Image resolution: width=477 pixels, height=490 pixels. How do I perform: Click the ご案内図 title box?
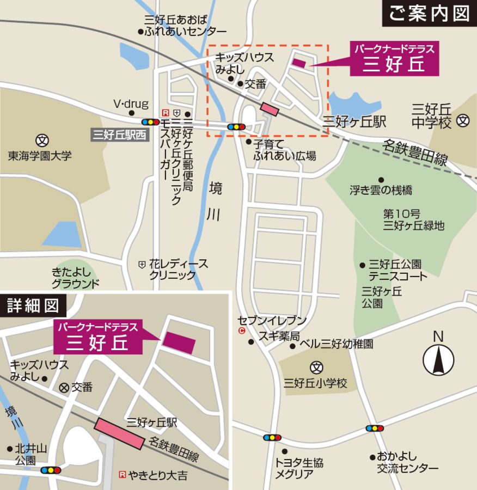(430, 14)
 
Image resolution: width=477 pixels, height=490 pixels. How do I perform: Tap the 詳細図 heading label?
(33, 306)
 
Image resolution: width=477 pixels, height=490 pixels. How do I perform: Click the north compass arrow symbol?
(438, 360)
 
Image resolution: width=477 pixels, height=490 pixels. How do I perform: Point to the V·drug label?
(127, 103)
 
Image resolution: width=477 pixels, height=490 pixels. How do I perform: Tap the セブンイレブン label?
(272, 321)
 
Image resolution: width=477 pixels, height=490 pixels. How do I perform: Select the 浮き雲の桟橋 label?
(381, 191)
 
